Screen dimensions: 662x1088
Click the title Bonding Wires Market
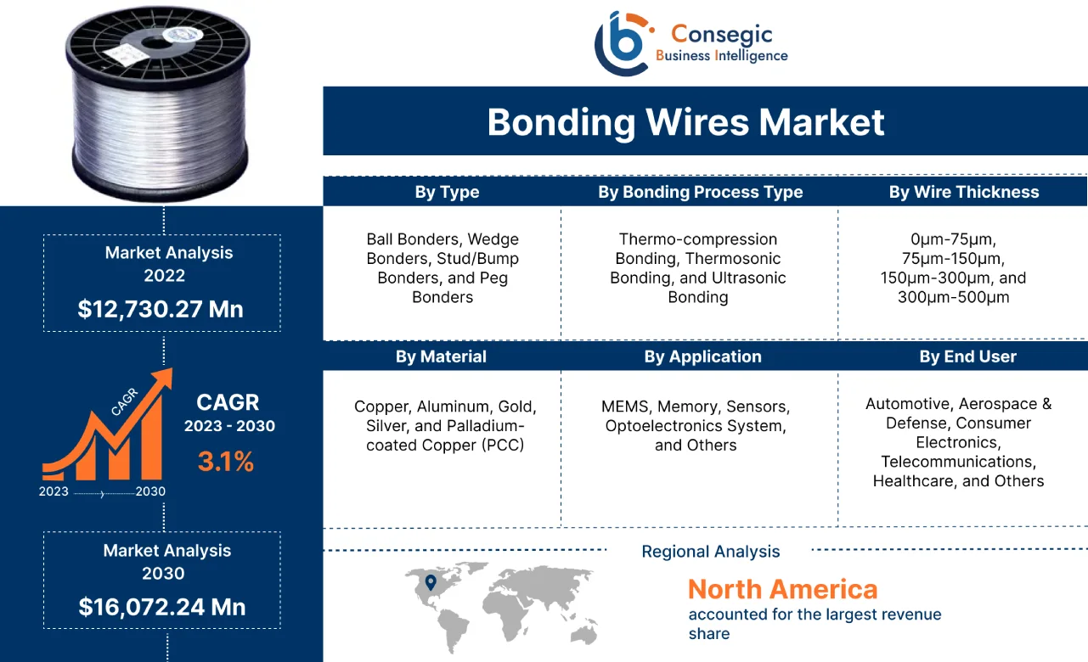[685, 122]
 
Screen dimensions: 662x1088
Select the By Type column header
[447, 193]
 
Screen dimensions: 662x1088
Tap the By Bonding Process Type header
[700, 193]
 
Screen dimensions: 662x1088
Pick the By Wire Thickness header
[963, 193]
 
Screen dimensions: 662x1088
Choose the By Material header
[441, 356]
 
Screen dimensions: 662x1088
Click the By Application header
[702, 356]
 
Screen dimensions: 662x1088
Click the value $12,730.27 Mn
[161, 309]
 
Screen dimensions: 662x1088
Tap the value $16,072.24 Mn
[162, 607]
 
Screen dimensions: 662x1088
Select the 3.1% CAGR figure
[225, 462]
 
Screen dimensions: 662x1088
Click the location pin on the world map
[431, 582]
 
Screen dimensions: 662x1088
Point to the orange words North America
[782, 589]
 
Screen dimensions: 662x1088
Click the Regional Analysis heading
[710, 552]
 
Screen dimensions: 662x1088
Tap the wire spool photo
[159, 106]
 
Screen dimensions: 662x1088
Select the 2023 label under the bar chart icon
[54, 491]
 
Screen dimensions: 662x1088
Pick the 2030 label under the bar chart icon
[149, 491]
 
